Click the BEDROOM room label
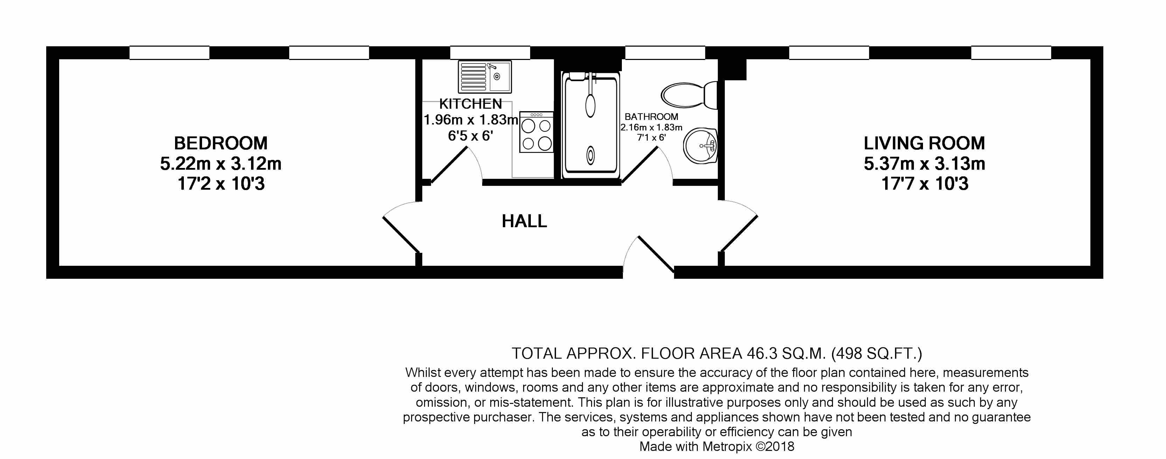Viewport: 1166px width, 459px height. (x=221, y=143)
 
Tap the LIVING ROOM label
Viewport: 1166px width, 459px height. (x=924, y=143)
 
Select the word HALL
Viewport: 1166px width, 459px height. (x=524, y=221)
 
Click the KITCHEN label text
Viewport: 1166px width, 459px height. (x=471, y=104)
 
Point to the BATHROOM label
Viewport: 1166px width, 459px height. (x=651, y=117)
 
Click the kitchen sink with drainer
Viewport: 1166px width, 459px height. (x=485, y=76)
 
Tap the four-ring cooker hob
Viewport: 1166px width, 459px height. (x=536, y=132)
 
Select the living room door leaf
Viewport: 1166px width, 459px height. (x=739, y=234)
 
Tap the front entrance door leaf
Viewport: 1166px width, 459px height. (x=656, y=255)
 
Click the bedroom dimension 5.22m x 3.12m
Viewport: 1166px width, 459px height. (x=221, y=163)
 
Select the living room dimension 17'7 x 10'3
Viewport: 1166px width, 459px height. (x=925, y=183)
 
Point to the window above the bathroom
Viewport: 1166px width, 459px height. (x=665, y=53)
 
